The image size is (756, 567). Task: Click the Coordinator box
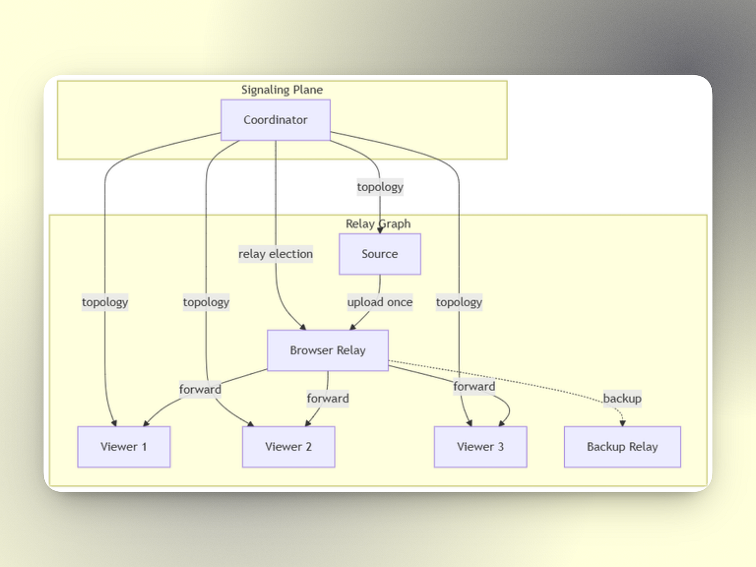coord(275,120)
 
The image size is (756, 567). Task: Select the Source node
coord(380,254)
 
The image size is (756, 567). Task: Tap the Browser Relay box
coord(328,350)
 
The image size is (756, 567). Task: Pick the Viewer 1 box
coord(124,447)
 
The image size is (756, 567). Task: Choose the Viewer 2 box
coord(288,447)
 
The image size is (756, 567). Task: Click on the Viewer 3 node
coord(481,447)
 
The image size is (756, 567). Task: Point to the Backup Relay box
coord(623,447)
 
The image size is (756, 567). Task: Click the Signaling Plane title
coord(282,90)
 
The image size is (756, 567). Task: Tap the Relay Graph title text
coord(378,224)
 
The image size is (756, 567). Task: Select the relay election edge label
coord(275,254)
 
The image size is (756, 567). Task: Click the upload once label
coord(380,302)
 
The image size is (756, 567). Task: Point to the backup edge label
coord(623,399)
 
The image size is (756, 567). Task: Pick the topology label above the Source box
coord(380,187)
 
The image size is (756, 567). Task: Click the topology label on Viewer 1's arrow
coord(105,302)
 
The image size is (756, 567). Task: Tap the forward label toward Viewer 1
coord(200,389)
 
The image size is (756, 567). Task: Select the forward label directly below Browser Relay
coord(328,399)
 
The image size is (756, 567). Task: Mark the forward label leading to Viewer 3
coord(474,387)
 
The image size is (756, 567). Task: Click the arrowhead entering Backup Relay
coord(623,423)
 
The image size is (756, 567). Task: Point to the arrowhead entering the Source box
coord(380,231)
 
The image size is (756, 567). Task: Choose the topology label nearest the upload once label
coord(459,302)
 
